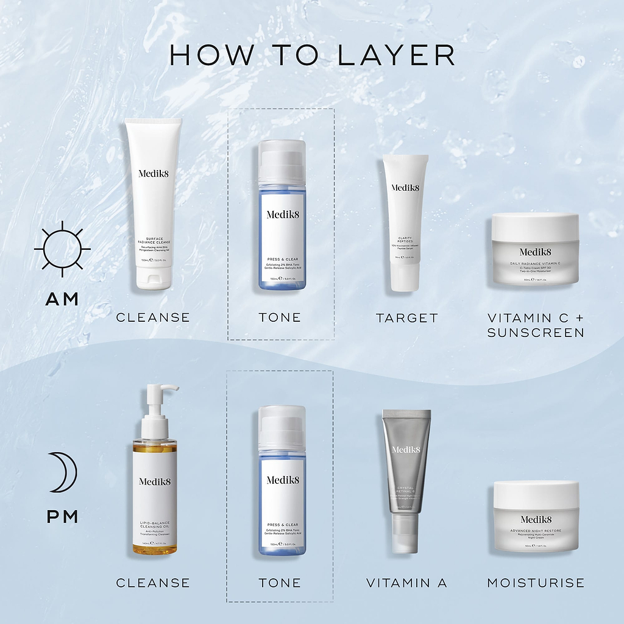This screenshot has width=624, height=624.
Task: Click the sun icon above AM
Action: tap(62, 249)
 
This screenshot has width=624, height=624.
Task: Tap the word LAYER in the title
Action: tap(395, 55)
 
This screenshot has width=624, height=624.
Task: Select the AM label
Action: tap(62, 299)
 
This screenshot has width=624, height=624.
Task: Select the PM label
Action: tap(63, 517)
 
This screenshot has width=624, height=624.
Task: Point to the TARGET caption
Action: tap(406, 318)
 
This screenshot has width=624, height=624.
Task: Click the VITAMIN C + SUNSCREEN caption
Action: tap(535, 325)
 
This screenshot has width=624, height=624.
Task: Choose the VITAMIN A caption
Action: tap(406, 583)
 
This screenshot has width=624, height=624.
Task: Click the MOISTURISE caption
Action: tap(536, 583)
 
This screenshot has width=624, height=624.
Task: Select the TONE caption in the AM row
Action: tap(280, 318)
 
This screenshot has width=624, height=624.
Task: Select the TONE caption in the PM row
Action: tap(280, 583)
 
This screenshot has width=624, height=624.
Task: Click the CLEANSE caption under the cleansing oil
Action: tap(153, 583)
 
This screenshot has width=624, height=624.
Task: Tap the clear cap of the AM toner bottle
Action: tap(282, 161)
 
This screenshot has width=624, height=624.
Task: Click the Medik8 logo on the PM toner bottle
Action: tap(283, 480)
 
